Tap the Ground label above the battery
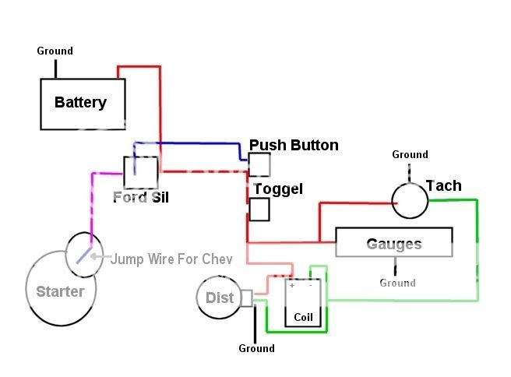tap(55, 51)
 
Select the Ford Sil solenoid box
tap(140, 172)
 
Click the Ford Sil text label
tap(141, 197)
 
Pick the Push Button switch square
tap(259, 164)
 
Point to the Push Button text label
tap(294, 145)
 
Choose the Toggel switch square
tap(259, 210)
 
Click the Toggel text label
tap(278, 189)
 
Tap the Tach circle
tap(410, 200)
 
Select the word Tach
tap(443, 185)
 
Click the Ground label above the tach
tap(410, 154)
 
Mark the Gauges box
tap(393, 242)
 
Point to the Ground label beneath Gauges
tap(397, 283)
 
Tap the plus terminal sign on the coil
tap(292, 286)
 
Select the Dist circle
tap(219, 298)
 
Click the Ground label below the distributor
tap(256, 348)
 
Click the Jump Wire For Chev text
tap(171, 259)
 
